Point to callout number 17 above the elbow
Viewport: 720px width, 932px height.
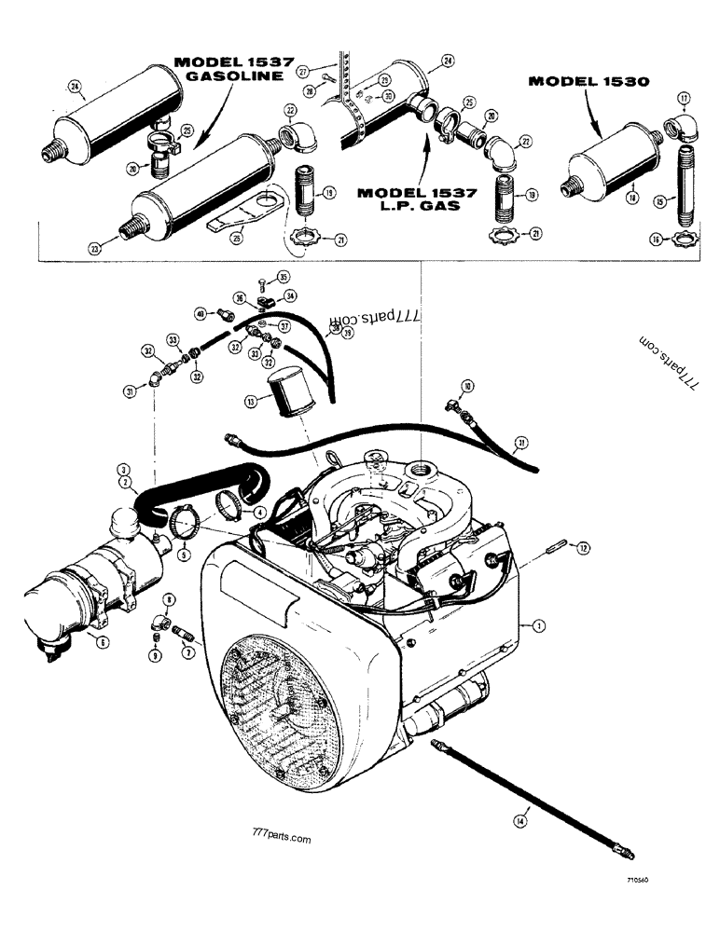click(x=685, y=97)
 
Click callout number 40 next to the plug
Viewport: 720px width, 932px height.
click(x=199, y=313)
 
